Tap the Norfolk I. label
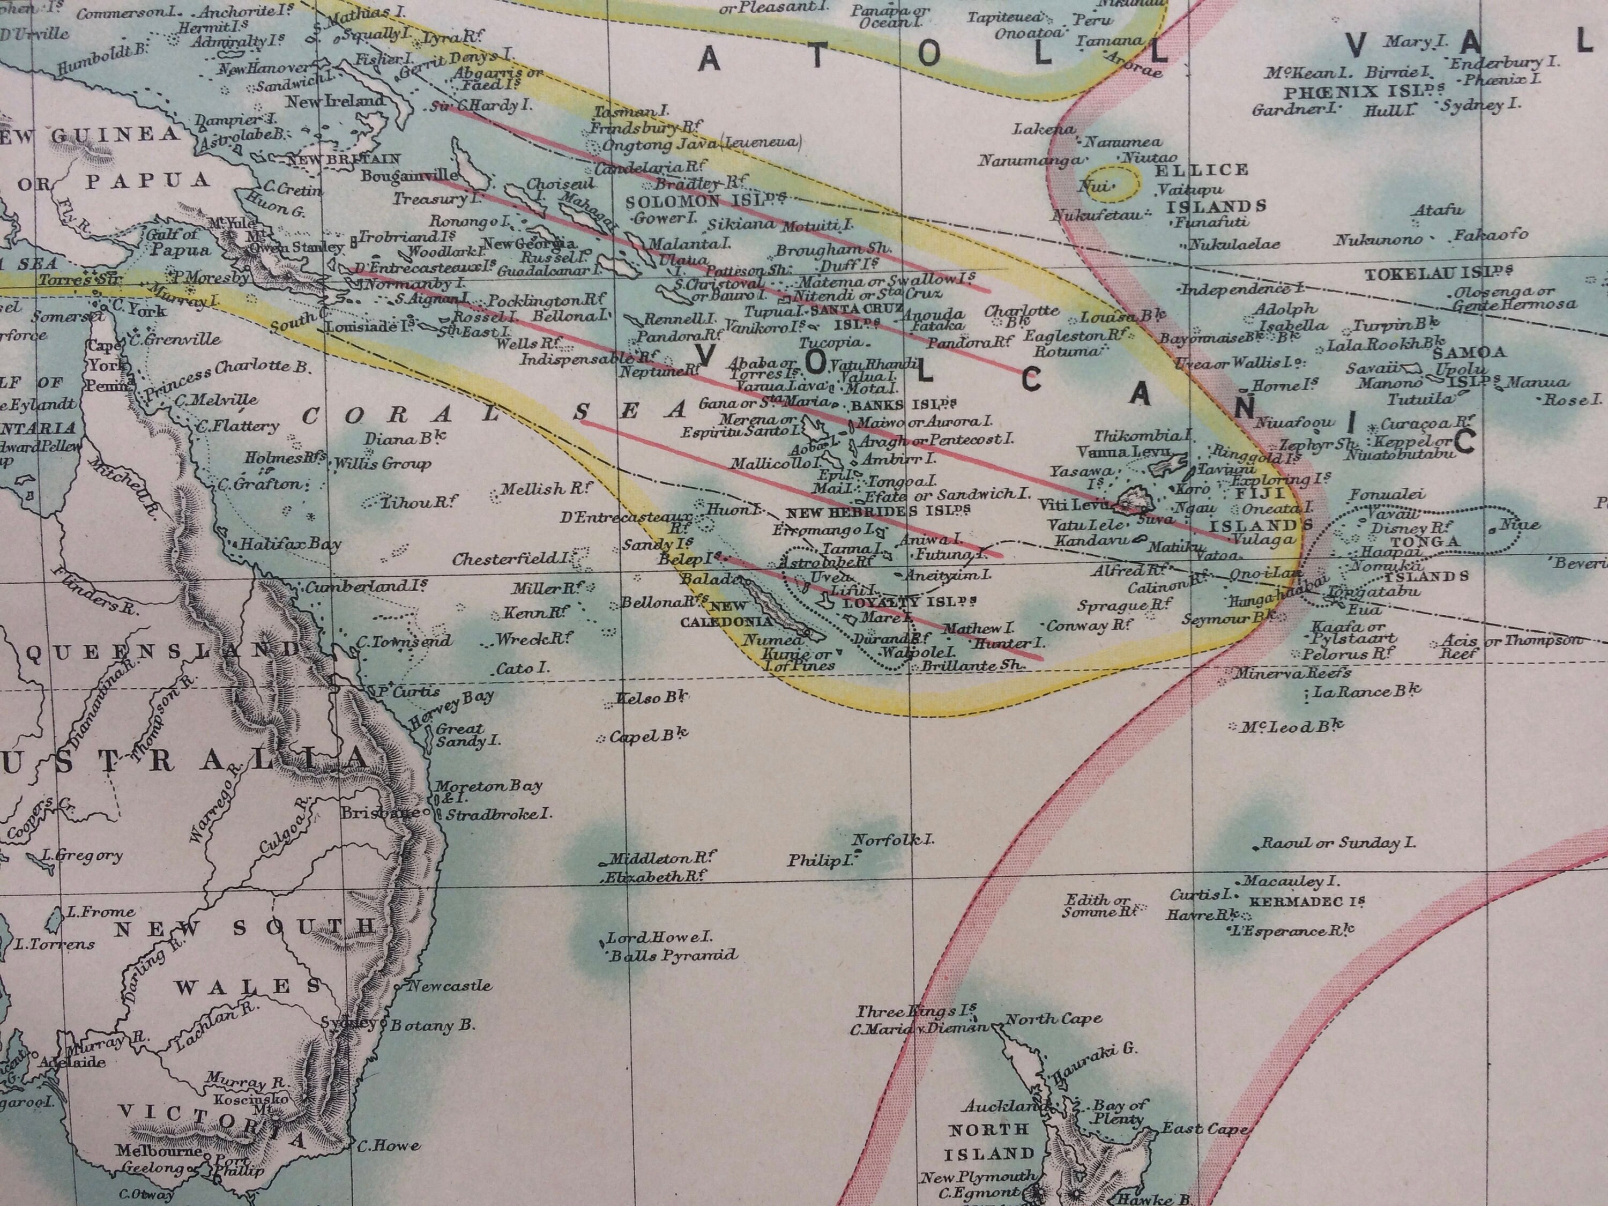tap(892, 839)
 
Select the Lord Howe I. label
tap(659, 938)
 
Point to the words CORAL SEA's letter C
tap(310, 416)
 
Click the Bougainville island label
tap(410, 175)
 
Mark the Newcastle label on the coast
tap(449, 986)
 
